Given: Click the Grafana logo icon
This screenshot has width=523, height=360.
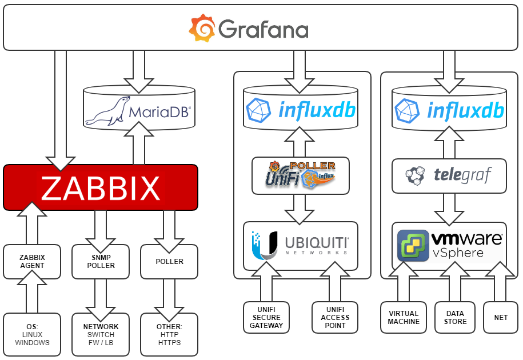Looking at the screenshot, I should pos(202,28).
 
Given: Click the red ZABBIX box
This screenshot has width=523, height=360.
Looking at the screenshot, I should pos(101,187).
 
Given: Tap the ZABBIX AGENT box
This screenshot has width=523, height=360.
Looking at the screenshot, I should pos(32,262).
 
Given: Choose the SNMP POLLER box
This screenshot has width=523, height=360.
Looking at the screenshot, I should pos(101,262).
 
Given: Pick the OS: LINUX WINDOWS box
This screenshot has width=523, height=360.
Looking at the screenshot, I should pos(32,335).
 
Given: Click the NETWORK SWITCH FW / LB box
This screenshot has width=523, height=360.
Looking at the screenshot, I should pos(101,335).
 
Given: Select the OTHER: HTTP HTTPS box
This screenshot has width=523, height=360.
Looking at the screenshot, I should pos(169,335).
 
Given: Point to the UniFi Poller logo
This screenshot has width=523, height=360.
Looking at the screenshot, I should pos(301,175).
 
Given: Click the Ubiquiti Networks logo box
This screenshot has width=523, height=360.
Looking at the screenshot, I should pos(301,246).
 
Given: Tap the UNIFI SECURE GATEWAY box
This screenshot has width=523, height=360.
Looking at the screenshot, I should pos(266,318).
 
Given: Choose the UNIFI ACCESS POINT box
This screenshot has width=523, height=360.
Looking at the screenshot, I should pos(335,318).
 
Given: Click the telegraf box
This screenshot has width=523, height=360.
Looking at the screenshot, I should pos(449,176).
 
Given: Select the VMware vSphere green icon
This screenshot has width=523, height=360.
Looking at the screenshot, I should pos(413,245).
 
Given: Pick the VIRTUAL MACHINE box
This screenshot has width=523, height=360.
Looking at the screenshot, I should pos(404,318).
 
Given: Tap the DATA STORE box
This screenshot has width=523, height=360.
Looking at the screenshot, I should pos(455,318).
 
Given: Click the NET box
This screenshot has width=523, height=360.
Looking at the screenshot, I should pos(501,318).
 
